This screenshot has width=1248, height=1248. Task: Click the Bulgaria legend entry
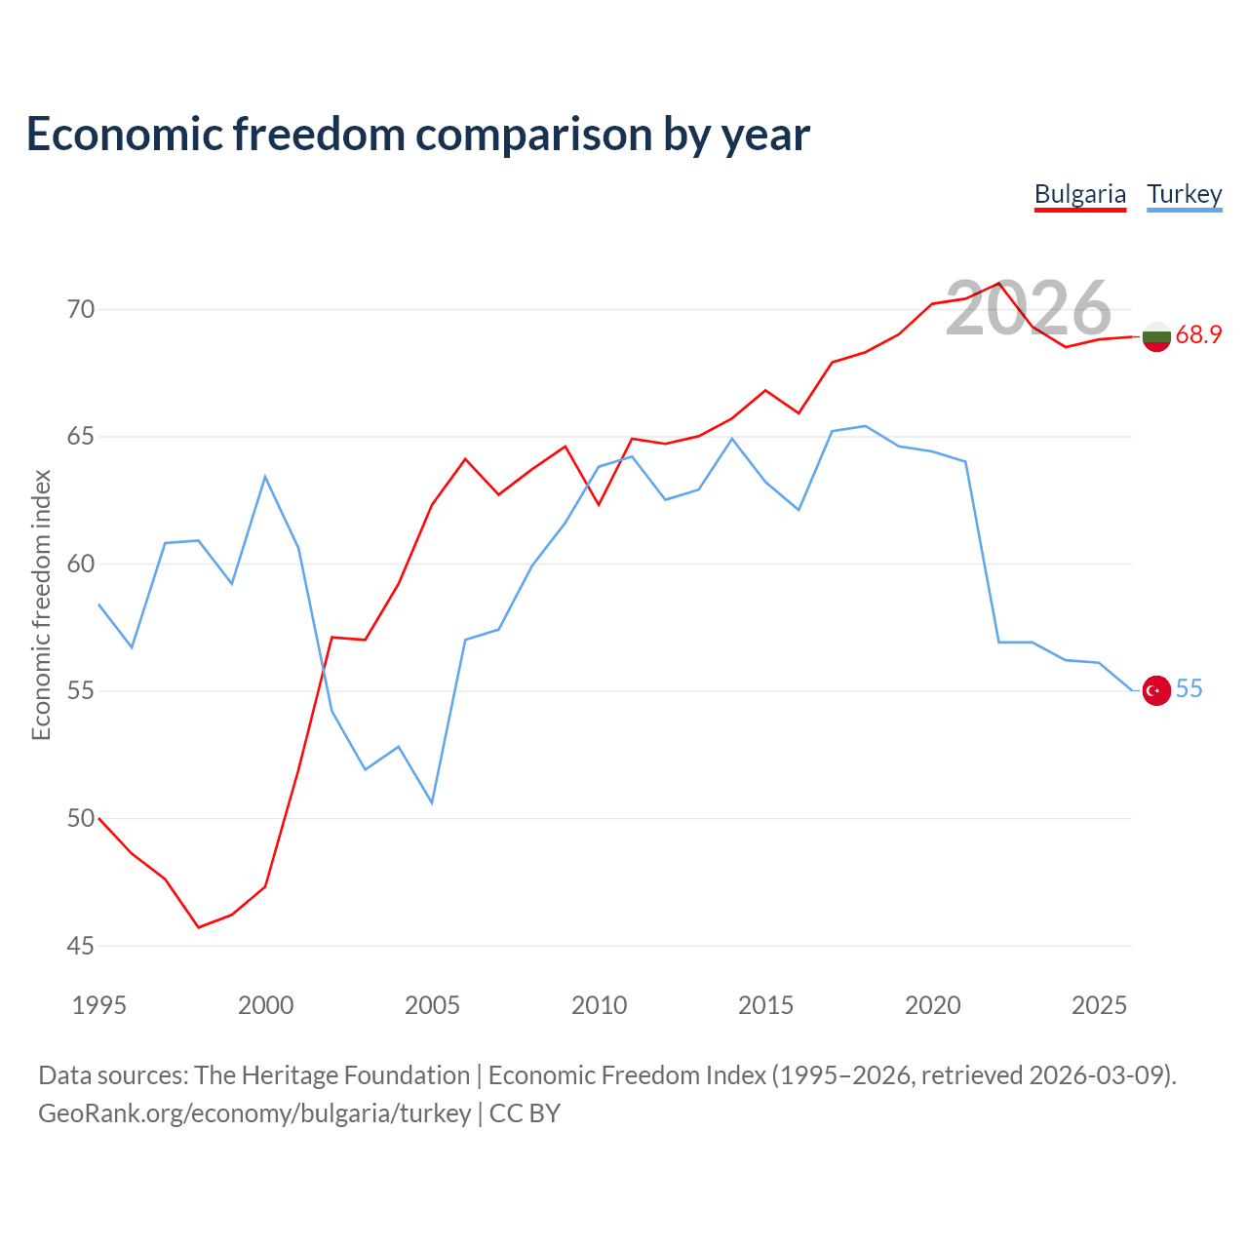pyautogui.click(x=1079, y=195)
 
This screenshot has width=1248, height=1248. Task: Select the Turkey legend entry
pyautogui.click(x=1184, y=195)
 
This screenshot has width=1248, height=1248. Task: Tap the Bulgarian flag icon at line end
pyautogui.click(x=1156, y=336)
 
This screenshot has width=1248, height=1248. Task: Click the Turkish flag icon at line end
pyautogui.click(x=1156, y=689)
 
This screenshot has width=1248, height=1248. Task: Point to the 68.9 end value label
pyautogui.click(x=1198, y=334)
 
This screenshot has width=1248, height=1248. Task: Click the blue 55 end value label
pyautogui.click(x=1189, y=688)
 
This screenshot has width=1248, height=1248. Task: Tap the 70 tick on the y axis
pyautogui.click(x=80, y=310)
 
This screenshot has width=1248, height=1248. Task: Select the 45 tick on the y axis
pyautogui.click(x=80, y=946)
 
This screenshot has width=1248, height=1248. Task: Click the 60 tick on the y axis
pyautogui.click(x=80, y=565)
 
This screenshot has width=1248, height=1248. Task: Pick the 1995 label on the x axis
pyautogui.click(x=99, y=1005)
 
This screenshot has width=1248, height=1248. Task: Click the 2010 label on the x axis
pyautogui.click(x=599, y=1005)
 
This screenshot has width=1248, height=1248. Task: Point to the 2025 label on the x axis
pyautogui.click(x=1099, y=1005)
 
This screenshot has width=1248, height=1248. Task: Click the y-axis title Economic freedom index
pyautogui.click(x=42, y=604)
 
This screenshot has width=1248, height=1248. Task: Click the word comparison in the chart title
pyautogui.click(x=533, y=135)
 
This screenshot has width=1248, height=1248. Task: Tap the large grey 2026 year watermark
pyautogui.click(x=1029, y=308)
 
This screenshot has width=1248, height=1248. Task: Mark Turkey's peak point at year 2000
pyautogui.click(x=265, y=477)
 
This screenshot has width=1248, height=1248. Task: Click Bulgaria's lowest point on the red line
pyautogui.click(x=199, y=927)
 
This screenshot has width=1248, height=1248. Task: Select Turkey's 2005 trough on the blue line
pyautogui.click(x=432, y=803)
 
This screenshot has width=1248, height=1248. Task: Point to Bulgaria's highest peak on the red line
pyautogui.click(x=999, y=283)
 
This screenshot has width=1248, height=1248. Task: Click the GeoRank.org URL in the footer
pyautogui.click(x=254, y=1113)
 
